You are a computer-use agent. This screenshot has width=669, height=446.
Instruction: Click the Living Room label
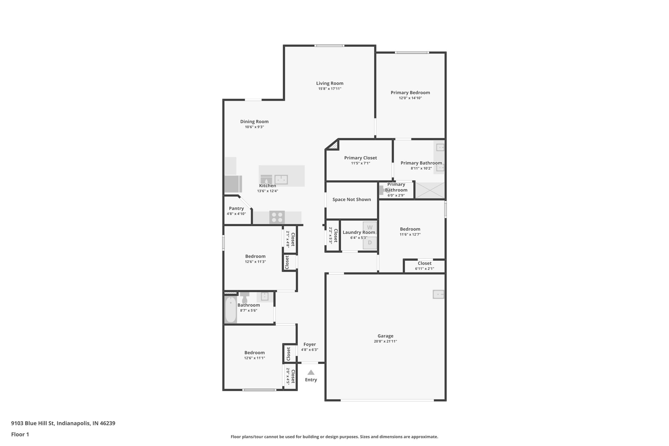click(330, 83)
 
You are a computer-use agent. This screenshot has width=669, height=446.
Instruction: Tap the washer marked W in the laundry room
click(370, 227)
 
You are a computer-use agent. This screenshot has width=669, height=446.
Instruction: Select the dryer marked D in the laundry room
click(370, 243)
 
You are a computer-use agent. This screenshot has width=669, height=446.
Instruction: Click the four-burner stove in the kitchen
click(277, 217)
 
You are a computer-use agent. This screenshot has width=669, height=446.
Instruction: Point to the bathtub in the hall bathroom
click(231, 309)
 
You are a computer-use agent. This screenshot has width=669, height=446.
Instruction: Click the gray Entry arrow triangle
click(311, 372)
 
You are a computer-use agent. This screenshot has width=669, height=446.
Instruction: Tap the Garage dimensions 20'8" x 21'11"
click(385, 341)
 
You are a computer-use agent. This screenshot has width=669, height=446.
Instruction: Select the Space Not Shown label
click(351, 199)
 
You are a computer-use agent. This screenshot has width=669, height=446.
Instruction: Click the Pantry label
click(236, 208)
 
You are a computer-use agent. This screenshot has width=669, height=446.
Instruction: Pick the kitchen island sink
click(281, 179)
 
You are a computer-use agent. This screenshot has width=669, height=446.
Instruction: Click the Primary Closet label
click(360, 158)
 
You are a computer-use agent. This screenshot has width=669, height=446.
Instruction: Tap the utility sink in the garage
click(438, 294)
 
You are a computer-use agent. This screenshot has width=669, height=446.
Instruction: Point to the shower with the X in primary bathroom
click(430, 190)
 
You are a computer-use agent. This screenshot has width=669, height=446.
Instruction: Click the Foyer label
click(309, 344)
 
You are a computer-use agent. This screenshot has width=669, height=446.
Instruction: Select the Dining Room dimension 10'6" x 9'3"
click(254, 127)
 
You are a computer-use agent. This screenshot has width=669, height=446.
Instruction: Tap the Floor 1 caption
click(20, 434)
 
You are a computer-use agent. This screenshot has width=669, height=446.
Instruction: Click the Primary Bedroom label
click(410, 92)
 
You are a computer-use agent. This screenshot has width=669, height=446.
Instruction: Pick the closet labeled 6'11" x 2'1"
click(424, 266)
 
